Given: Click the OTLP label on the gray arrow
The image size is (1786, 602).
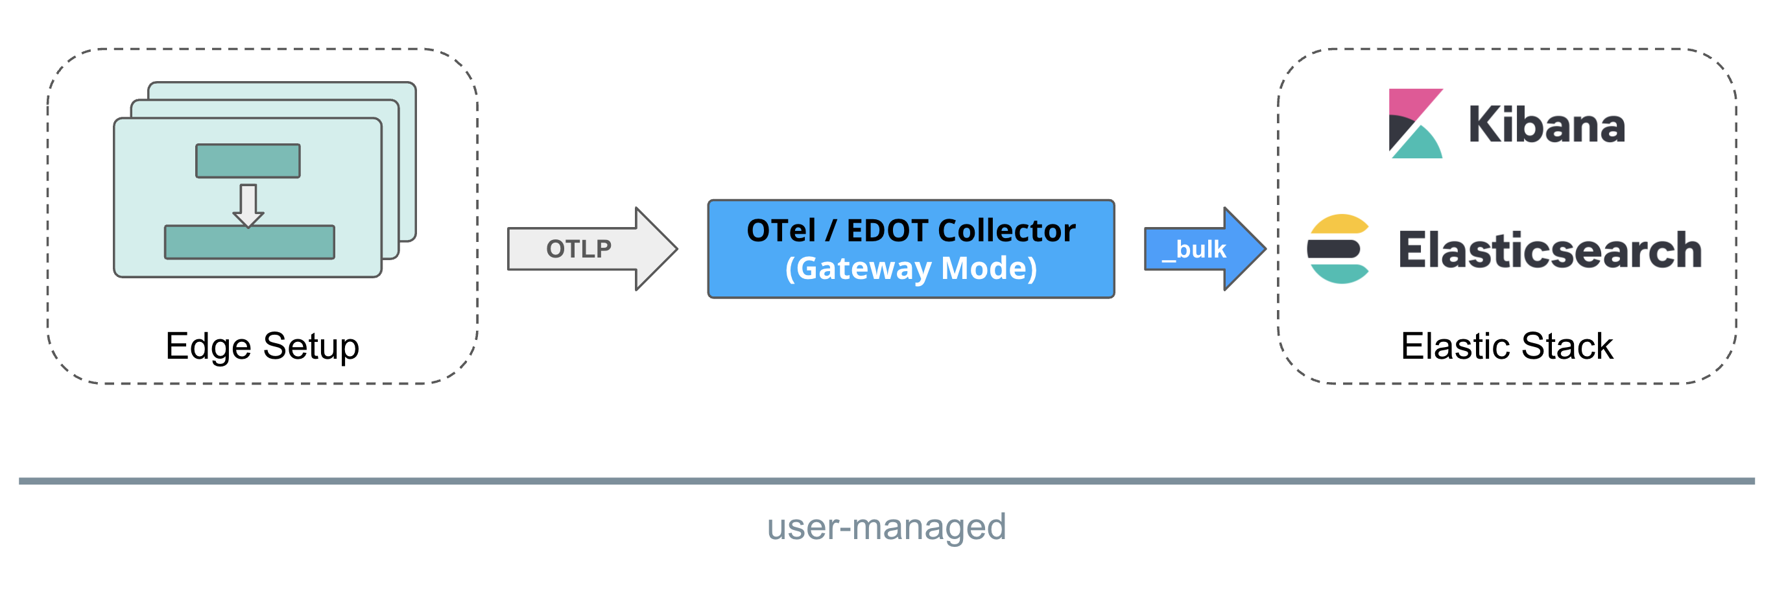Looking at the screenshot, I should [578, 249].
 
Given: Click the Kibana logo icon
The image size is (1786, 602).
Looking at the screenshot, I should [1415, 123].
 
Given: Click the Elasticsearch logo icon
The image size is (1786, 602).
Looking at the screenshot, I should [1338, 249].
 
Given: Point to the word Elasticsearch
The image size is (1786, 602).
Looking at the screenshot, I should [1549, 250].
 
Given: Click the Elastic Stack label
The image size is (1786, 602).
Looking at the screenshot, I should [1506, 346].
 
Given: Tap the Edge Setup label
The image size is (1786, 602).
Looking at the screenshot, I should [262, 346].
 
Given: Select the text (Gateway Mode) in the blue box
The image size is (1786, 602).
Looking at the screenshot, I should [911, 269].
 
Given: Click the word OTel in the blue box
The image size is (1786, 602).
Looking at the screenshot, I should [781, 231].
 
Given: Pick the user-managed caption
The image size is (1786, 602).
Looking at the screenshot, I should [886, 527].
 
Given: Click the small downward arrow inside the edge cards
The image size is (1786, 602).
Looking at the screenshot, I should [248, 205].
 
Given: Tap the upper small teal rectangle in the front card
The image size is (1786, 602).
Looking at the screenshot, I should [248, 161].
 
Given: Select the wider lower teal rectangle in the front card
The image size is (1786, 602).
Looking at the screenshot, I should [250, 243].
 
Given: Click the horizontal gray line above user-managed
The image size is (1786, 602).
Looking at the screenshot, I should [886, 481].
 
